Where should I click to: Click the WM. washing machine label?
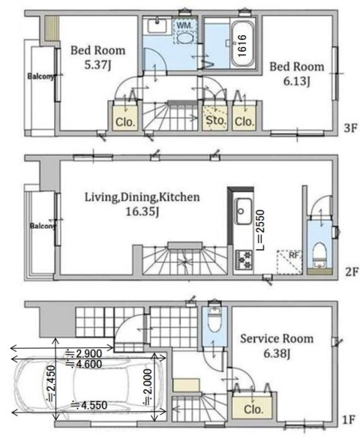click(185, 26)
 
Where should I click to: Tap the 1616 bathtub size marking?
click(242, 45)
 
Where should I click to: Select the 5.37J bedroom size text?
click(98, 65)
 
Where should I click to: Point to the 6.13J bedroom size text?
click(296, 82)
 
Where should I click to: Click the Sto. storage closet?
click(215, 118)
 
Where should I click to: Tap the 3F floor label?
click(351, 128)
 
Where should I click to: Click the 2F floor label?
click(351, 272)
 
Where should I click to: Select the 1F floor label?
click(348, 420)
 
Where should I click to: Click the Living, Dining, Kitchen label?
click(142, 198)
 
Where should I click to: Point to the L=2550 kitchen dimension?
click(260, 230)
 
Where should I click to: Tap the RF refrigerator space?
click(290, 262)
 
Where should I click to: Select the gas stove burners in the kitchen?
click(244, 260)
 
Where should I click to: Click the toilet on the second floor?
click(319, 253)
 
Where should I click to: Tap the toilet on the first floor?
click(215, 320)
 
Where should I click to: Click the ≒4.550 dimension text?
click(89, 405)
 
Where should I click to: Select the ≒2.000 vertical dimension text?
click(148, 387)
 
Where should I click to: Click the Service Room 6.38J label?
click(277, 346)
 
